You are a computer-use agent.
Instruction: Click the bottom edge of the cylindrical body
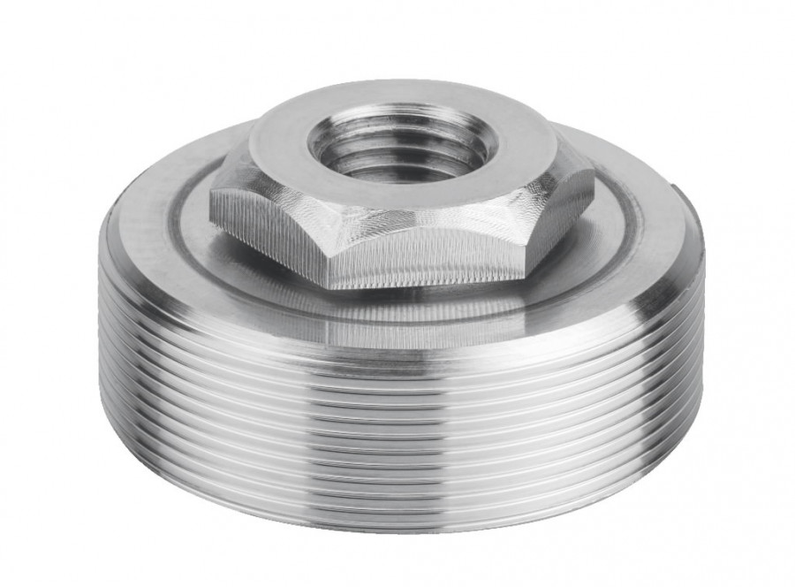(397, 529)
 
